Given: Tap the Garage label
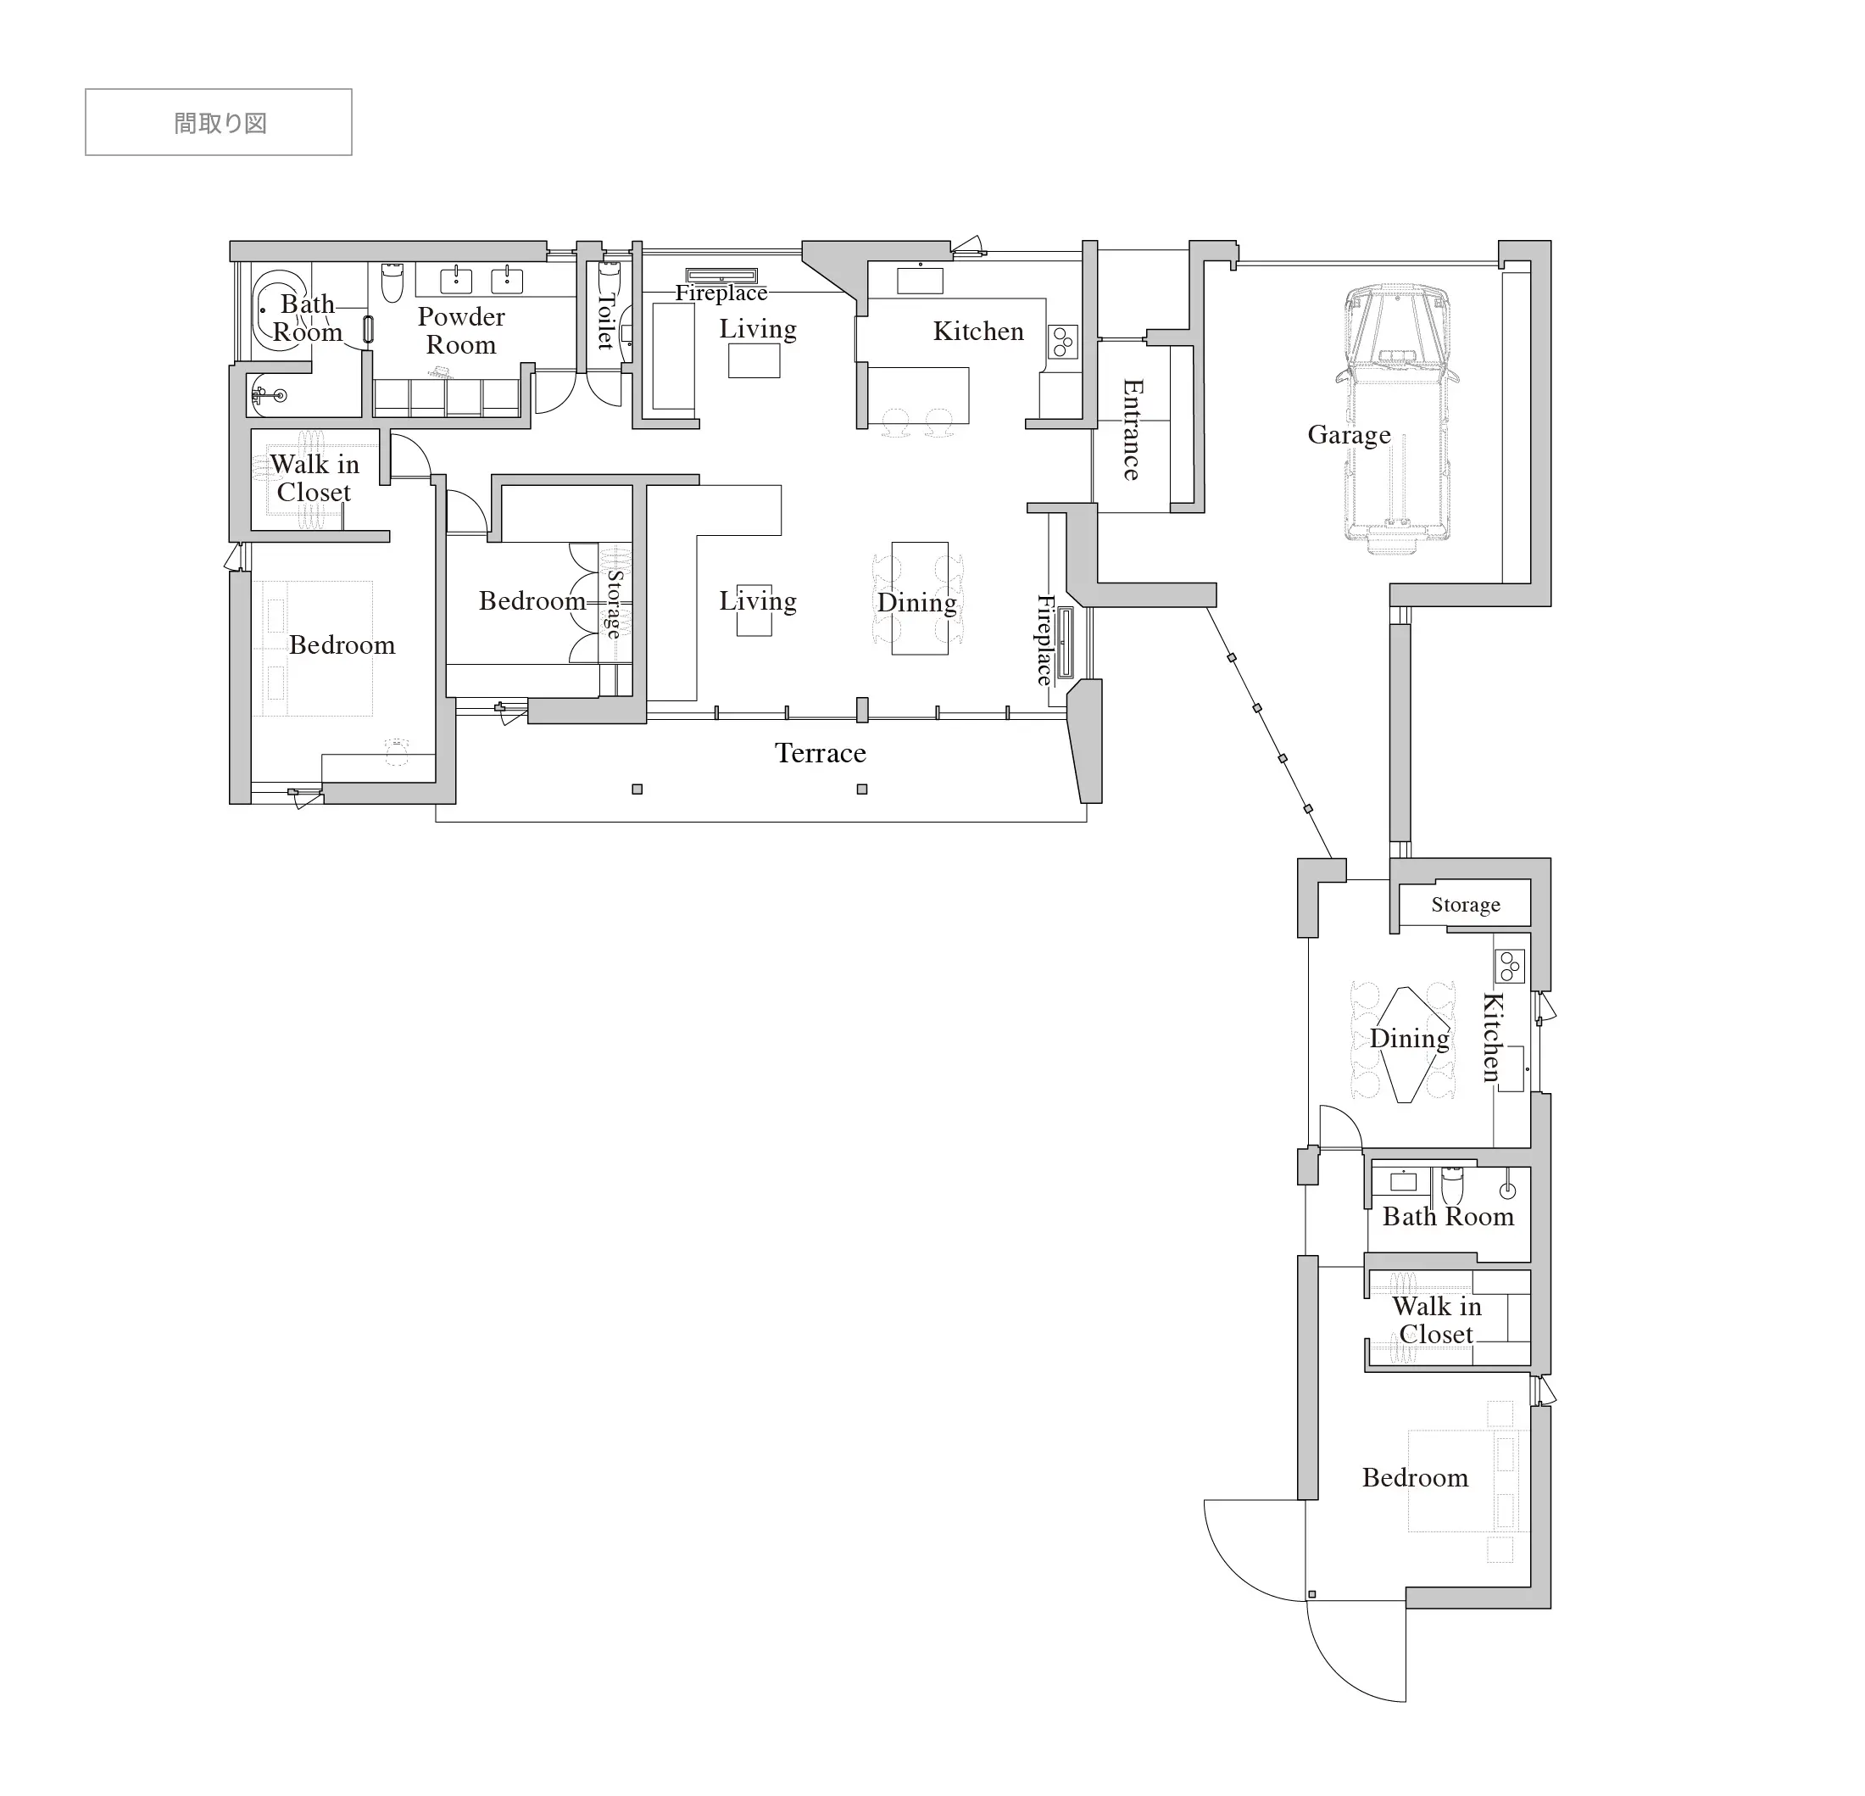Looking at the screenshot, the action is (1349, 436).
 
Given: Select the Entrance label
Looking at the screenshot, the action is (1132, 429).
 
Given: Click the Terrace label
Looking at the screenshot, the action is (821, 753).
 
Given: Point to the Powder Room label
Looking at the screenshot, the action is (461, 330).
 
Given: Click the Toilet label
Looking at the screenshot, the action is (605, 321).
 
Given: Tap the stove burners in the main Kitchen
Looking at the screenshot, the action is (1062, 342).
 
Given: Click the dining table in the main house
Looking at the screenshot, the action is (919, 599).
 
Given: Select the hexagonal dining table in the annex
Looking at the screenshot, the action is (1407, 1044).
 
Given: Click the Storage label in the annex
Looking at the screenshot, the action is (1466, 904).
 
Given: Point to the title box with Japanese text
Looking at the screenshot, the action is (219, 122).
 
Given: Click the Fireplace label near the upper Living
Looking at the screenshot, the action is (721, 293).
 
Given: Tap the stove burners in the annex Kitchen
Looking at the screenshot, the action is (1510, 966).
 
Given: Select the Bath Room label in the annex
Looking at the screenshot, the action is (1447, 1216).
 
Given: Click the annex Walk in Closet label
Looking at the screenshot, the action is (1437, 1320).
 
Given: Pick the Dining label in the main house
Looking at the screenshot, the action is (917, 602).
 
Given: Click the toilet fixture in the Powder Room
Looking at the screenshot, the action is (392, 282).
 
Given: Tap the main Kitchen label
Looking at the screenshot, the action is (978, 332).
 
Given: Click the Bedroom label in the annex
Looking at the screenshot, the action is (1415, 1477).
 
